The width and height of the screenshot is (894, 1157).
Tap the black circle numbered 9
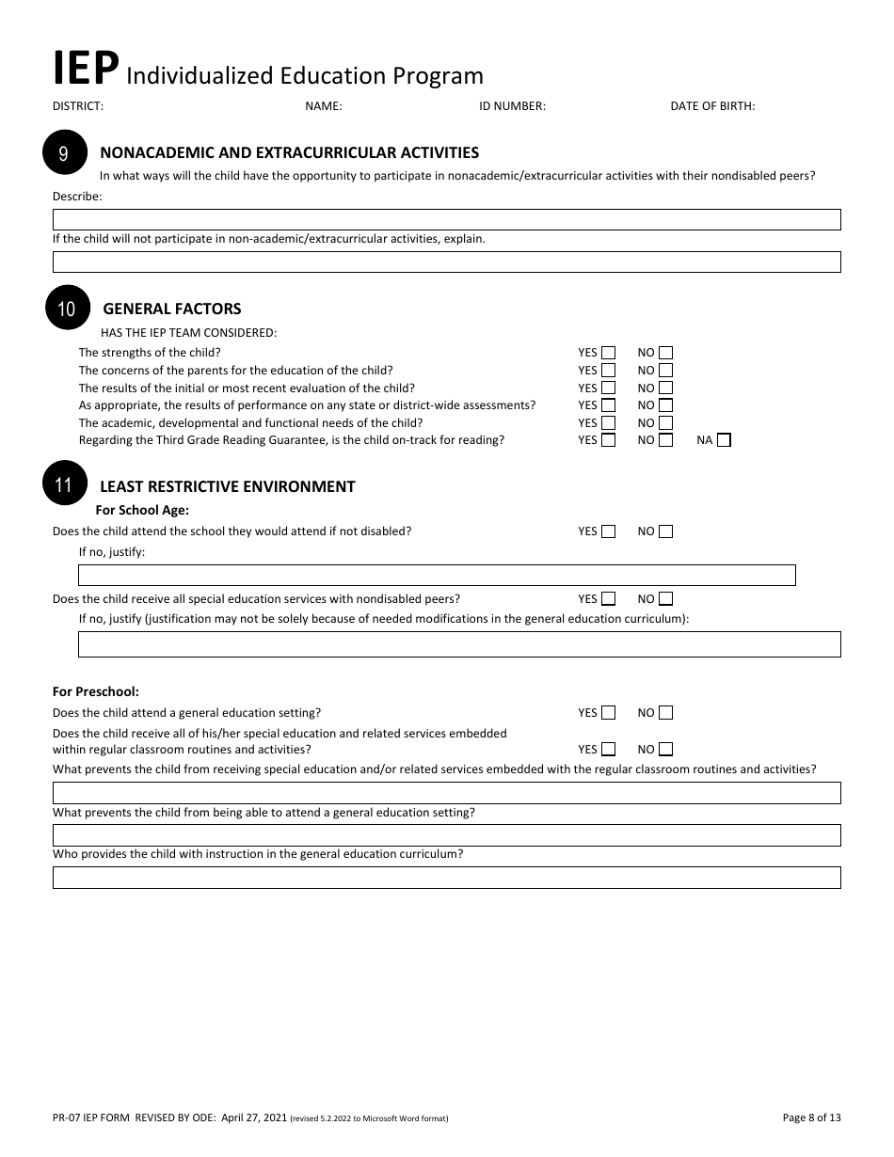(x=63, y=154)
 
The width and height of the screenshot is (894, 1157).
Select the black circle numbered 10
(x=67, y=309)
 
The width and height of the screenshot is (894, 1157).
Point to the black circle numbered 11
(x=63, y=485)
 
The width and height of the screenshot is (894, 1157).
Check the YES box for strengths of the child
(x=608, y=353)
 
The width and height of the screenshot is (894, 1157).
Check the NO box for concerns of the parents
(x=666, y=371)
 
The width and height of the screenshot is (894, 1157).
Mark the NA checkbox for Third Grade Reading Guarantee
(x=724, y=439)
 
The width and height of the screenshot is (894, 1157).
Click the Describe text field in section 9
(x=446, y=219)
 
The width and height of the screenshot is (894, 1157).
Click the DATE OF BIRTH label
(x=712, y=106)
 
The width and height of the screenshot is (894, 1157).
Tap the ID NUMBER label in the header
(x=512, y=106)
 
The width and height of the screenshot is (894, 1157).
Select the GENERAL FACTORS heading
(x=171, y=309)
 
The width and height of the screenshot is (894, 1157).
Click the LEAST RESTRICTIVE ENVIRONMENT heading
(x=227, y=486)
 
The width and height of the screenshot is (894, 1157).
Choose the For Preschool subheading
(x=96, y=691)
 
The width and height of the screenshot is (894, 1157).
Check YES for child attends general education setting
(x=608, y=713)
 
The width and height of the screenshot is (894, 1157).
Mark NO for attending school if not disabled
(x=666, y=531)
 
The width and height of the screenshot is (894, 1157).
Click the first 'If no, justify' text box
(x=437, y=575)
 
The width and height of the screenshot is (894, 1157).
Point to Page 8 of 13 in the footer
(x=811, y=1117)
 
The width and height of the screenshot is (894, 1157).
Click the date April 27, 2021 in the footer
(x=253, y=1117)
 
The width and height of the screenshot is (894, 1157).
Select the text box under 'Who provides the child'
(x=446, y=878)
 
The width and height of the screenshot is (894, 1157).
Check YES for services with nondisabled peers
(x=608, y=598)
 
